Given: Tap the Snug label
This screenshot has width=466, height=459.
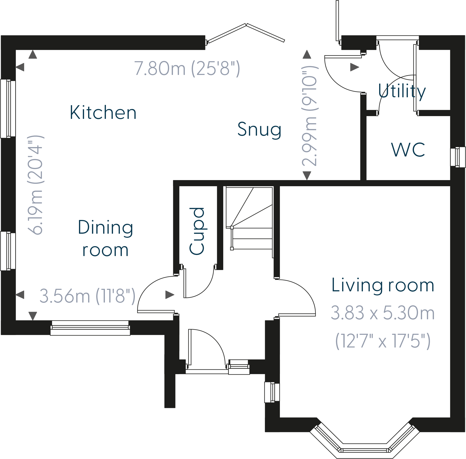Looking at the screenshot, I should coord(259,130).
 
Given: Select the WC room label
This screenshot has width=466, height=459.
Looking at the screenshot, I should coord(408,150).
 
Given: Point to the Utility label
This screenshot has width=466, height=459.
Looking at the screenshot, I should coord(402,91).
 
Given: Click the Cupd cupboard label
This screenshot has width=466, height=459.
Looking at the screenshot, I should coord(197,231).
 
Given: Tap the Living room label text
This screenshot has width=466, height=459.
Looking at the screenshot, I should coord(383,285).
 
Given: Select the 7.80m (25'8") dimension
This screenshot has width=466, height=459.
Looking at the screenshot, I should coord(187,69).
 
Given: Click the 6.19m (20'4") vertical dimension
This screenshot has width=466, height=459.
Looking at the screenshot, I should coord(36,185).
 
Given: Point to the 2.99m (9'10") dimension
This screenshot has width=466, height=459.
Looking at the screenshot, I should coord(310,116).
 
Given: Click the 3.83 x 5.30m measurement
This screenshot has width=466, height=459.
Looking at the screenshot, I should coord(382,313).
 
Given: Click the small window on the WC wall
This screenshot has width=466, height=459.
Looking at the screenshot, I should coord(458,157).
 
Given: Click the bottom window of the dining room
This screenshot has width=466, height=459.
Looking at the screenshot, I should coord(90,328).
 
